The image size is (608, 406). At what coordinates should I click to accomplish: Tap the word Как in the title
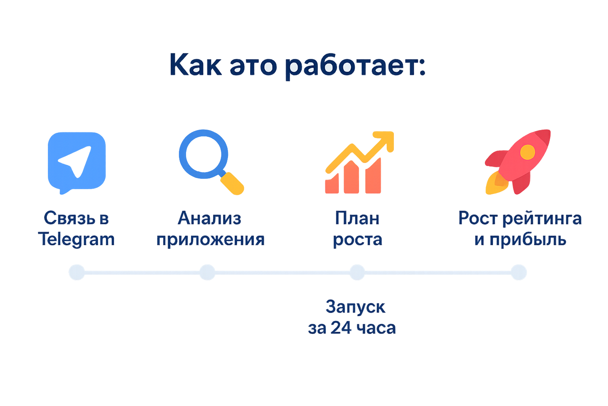pos(195,65)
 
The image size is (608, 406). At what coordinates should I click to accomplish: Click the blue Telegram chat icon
pos(77,161)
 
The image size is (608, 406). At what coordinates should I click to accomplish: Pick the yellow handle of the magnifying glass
pos(232,184)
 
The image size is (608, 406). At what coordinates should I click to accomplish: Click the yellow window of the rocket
pos(527,152)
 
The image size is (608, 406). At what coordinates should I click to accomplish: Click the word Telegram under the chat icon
pos(76,239)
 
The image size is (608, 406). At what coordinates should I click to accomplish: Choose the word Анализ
pos(209,218)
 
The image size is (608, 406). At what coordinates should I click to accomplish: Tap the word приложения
pos(210,240)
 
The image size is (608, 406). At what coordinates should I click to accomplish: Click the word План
pos(357,218)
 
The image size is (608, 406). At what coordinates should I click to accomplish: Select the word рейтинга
pos(542,218)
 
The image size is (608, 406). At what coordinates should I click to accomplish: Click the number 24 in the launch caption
pos(341,328)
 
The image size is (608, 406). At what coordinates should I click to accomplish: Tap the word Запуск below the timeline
pos(355,307)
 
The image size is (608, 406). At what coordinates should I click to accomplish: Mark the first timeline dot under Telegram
pos(77,272)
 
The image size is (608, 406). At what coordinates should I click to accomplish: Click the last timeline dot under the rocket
pos(519,272)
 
